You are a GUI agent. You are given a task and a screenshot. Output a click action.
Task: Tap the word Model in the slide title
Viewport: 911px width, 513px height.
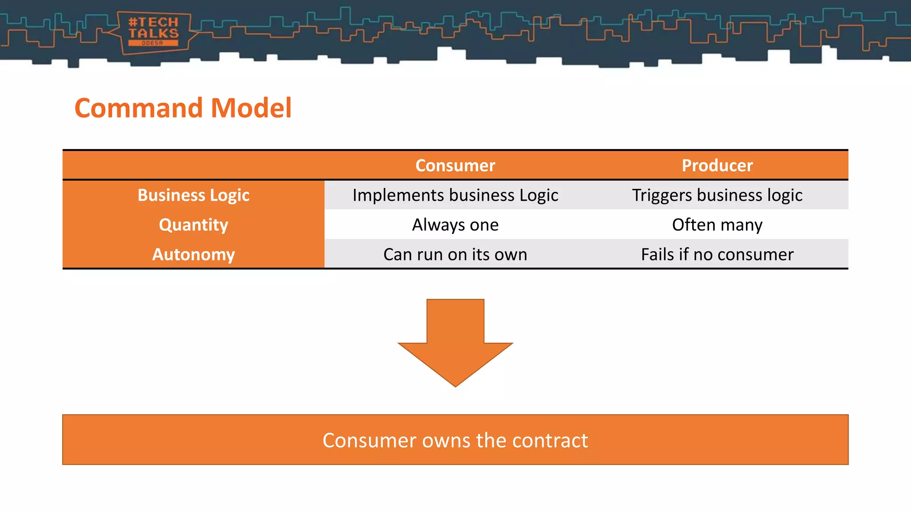tap(251, 108)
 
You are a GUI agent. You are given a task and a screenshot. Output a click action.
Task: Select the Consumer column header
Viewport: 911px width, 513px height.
tap(455, 166)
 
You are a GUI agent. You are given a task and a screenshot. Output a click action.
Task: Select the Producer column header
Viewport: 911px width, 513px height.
tap(717, 166)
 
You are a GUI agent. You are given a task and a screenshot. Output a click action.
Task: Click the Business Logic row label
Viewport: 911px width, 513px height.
tap(193, 195)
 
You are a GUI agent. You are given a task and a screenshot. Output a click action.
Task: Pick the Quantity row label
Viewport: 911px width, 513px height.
tap(193, 225)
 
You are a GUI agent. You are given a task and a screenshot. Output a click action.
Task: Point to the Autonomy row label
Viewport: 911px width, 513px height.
tap(193, 254)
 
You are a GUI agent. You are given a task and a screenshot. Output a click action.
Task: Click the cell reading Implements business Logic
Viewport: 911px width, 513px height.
tap(455, 195)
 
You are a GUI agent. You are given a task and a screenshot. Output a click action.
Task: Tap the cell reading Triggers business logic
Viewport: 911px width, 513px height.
tap(717, 195)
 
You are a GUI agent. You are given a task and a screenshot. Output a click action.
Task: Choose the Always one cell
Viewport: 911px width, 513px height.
tap(455, 225)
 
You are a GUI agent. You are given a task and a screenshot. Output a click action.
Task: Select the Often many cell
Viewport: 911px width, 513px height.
tap(717, 225)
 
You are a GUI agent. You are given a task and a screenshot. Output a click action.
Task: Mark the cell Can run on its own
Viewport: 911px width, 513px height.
tap(455, 254)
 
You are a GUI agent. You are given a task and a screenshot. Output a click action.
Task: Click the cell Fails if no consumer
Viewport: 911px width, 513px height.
tap(717, 254)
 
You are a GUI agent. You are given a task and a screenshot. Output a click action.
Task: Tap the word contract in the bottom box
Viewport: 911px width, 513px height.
tap(550, 440)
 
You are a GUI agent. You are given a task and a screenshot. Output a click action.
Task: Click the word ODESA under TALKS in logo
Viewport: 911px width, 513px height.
tap(153, 43)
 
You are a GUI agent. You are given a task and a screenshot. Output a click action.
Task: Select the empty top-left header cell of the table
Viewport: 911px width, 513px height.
tap(193, 166)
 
